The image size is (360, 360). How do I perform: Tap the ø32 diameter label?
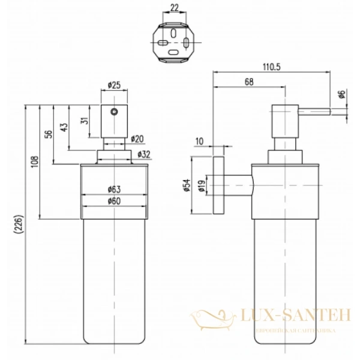(143, 154)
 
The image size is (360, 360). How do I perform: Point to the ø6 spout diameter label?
(342, 95)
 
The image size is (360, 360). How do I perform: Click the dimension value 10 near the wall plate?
(200, 141)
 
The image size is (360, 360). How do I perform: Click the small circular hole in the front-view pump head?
(114, 110)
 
